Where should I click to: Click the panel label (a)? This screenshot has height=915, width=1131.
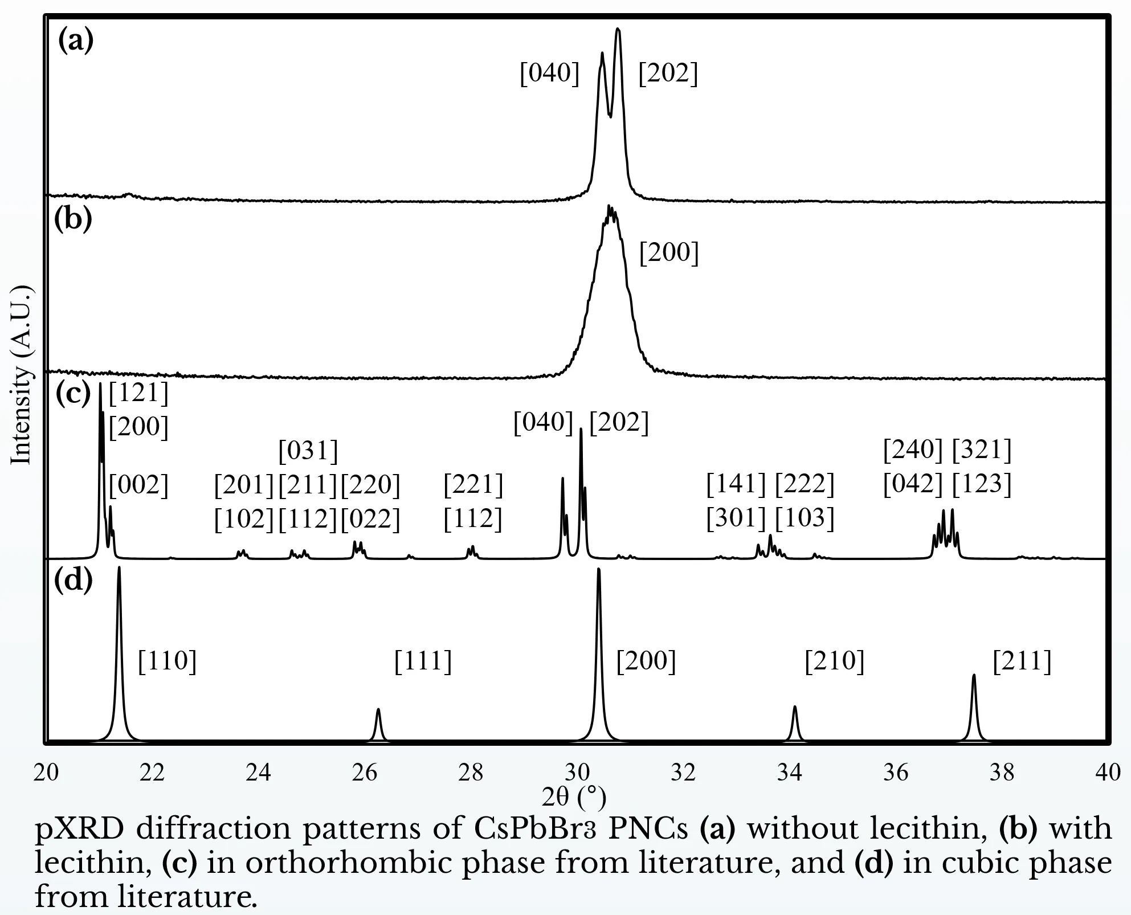coord(76,42)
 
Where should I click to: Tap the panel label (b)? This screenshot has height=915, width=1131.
coord(73,220)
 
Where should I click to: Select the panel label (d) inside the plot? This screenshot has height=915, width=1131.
coord(73,581)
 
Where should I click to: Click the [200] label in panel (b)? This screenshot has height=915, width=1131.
coord(669,253)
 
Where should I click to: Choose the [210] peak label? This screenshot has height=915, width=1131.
coord(835,661)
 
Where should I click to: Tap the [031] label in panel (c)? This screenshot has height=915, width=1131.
coord(308,451)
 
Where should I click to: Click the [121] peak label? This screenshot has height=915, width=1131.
coord(138,393)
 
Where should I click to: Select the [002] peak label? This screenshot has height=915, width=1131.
coord(138,486)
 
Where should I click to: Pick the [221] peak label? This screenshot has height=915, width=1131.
coord(473,485)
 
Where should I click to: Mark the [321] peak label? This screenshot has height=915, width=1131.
coord(982,450)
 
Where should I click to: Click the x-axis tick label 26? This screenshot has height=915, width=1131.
coord(364,773)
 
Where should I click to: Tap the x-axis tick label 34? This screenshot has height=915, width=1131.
coord(789,773)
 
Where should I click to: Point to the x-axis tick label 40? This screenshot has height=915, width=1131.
coord(1108,773)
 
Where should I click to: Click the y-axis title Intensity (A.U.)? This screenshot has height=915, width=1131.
coord(22,375)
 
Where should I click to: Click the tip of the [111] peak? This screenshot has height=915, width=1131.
coord(378,710)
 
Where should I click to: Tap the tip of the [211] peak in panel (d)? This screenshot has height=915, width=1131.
coord(974,676)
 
